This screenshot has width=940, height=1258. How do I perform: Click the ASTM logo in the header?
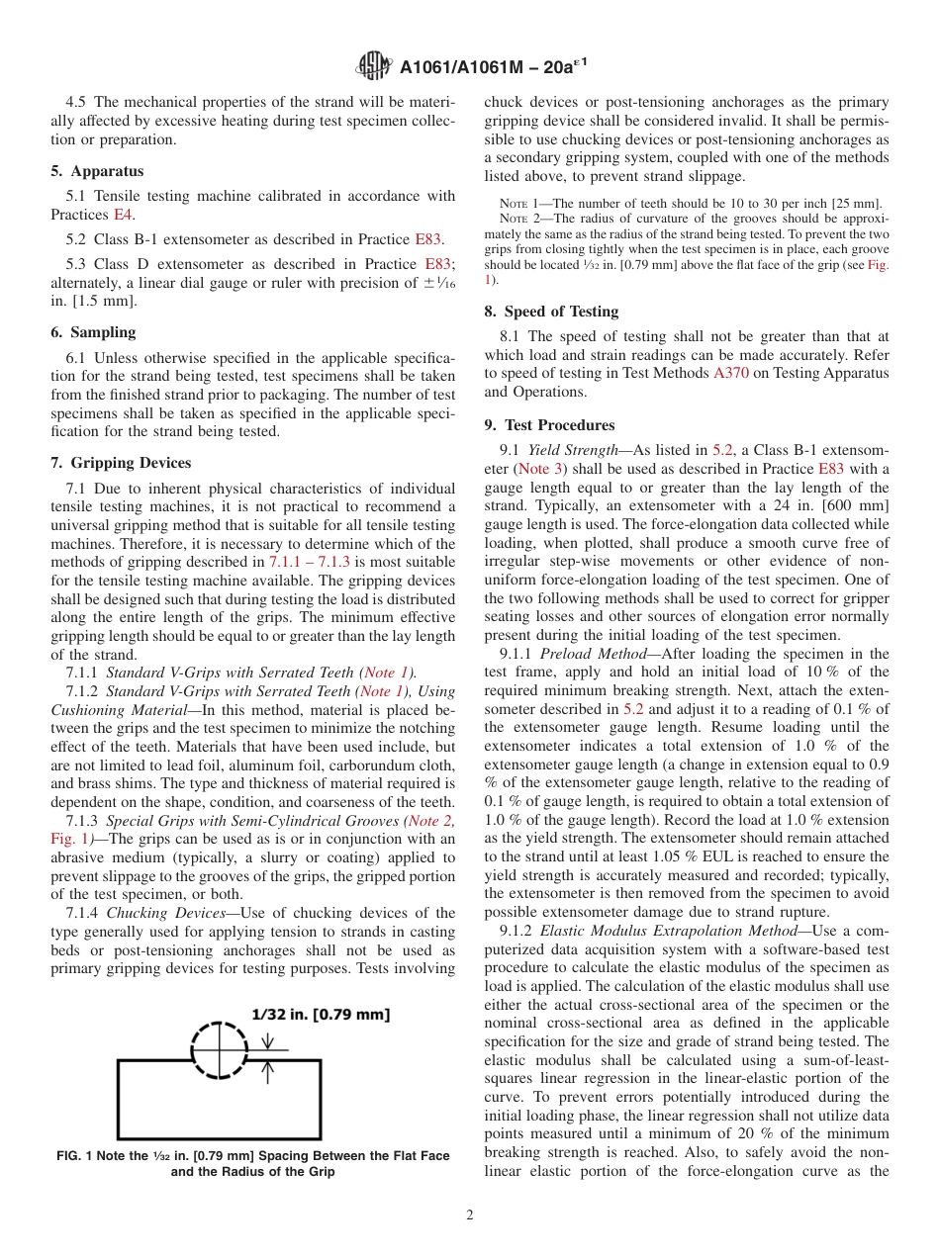[x=375, y=66]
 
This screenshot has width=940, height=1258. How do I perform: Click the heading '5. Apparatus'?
[x=97, y=171]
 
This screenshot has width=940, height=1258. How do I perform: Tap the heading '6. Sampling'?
[x=93, y=332]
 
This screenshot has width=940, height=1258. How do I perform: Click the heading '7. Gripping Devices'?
[x=121, y=463]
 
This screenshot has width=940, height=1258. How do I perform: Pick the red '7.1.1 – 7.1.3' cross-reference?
[x=316, y=562]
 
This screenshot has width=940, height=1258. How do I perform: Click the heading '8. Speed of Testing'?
[x=551, y=311]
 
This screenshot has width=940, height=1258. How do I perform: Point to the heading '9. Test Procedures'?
[x=549, y=425]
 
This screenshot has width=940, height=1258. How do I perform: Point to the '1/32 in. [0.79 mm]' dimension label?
[x=321, y=1015]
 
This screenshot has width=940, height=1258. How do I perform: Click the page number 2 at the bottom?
[x=470, y=1215]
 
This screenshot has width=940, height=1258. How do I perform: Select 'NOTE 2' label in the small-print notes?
[x=521, y=218]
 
